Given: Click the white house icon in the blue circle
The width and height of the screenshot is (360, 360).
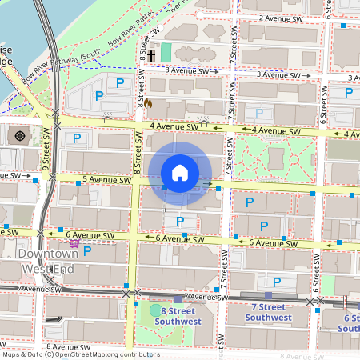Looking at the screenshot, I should [x=180, y=173].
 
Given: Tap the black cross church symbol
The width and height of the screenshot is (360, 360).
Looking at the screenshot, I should [x=150, y=56].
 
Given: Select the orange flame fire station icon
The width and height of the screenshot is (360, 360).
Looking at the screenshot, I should [x=148, y=103].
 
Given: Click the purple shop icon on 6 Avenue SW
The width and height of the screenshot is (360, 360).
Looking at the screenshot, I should [x=74, y=242].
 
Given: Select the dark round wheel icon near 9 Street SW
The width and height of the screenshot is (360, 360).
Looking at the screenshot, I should [x=20, y=134].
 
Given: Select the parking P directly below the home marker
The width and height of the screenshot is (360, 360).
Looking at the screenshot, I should [x=180, y=222].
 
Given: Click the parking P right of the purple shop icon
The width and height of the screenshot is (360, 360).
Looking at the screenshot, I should [x=87, y=250].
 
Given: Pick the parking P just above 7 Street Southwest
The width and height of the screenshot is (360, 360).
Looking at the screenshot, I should [x=277, y=282].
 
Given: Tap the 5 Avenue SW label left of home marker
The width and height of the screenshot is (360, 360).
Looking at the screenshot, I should [x=106, y=181].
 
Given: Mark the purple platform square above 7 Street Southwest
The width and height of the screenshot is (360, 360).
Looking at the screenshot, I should [x=268, y=294].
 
